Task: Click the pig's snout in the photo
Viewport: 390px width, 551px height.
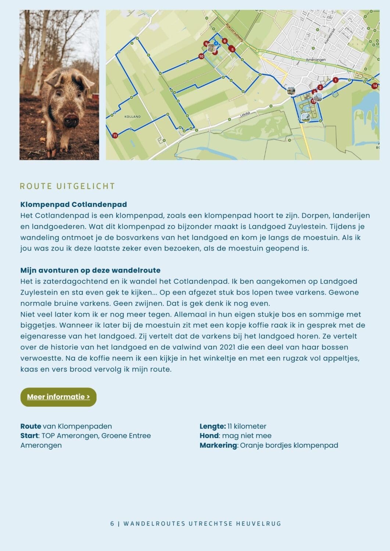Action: pyautogui.click(x=71, y=120)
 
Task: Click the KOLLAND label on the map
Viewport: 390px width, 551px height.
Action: pyautogui.click(x=132, y=117)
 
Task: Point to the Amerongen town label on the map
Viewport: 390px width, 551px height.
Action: pyautogui.click(x=316, y=60)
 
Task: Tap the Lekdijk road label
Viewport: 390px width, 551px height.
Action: pyautogui.click(x=245, y=115)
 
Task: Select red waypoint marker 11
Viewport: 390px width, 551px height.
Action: pyautogui.click(x=115, y=136)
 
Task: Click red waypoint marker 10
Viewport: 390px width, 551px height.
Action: pyautogui.click(x=201, y=57)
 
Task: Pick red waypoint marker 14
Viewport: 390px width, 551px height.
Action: pyautogui.click(x=375, y=86)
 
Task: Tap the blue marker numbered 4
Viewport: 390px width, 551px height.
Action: pyautogui.click(x=216, y=43)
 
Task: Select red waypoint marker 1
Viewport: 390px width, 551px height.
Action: pyautogui.click(x=335, y=80)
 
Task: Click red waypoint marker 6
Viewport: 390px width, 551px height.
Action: pyautogui.click(x=225, y=41)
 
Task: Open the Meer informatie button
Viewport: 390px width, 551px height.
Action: pyautogui.click(x=58, y=397)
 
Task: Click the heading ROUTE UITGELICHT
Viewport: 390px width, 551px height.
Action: pyautogui.click(x=67, y=186)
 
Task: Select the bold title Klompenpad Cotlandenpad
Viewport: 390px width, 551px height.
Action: pyautogui.click(x=74, y=205)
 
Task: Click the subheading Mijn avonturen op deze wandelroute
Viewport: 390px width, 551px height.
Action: pyautogui.click(x=90, y=270)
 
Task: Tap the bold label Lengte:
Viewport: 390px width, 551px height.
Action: pyautogui.click(x=212, y=426)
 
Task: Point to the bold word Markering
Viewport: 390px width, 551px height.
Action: pyautogui.click(x=218, y=446)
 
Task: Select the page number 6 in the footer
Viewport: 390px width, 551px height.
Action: pyautogui.click(x=112, y=524)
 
